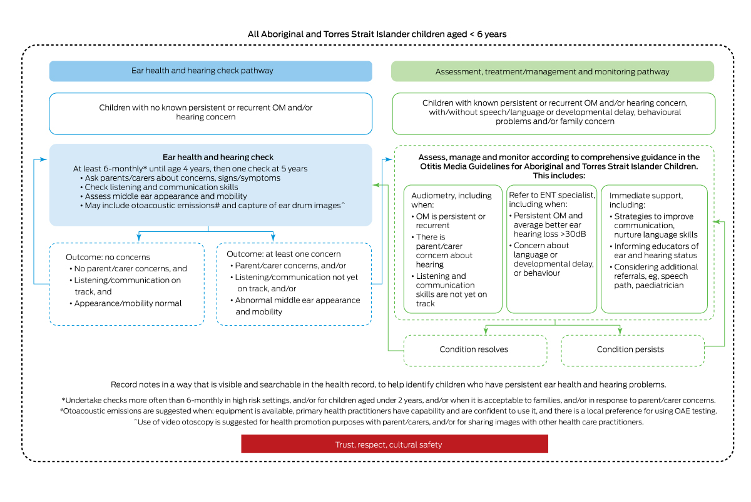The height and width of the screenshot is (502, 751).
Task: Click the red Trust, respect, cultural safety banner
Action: coord(394,444)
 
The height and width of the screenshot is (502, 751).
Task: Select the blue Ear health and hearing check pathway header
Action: coord(210,71)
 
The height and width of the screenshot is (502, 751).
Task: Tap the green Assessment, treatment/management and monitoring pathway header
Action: coord(552,71)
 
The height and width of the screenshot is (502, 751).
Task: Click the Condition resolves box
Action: coord(475,350)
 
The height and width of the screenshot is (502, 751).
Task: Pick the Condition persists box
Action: coord(632,350)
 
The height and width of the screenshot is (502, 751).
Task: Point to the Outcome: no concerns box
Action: coord(126,284)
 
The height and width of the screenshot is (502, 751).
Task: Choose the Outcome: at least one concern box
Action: coord(294,284)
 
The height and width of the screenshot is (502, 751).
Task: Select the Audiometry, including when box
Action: coord(452,248)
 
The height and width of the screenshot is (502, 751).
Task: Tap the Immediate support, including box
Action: coord(654,248)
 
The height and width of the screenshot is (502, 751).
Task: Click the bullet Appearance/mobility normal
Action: coord(128,303)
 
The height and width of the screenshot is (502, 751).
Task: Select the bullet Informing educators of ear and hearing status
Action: coord(656,251)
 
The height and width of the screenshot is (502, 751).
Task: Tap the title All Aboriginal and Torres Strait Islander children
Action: coord(377,34)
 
